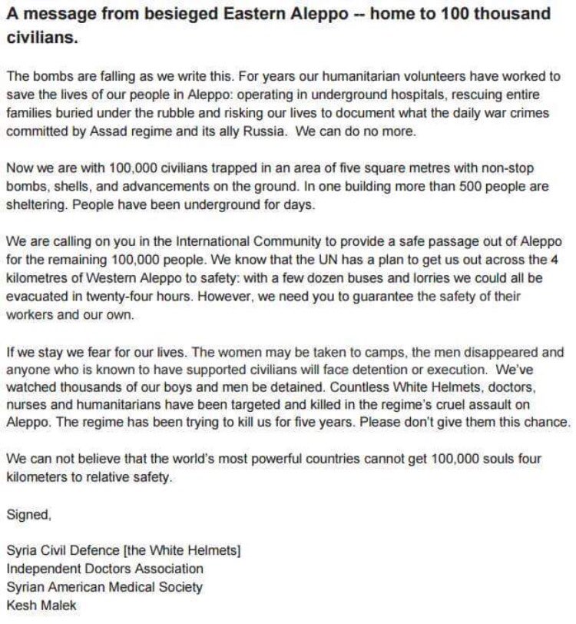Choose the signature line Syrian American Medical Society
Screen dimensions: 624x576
click(104, 586)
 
